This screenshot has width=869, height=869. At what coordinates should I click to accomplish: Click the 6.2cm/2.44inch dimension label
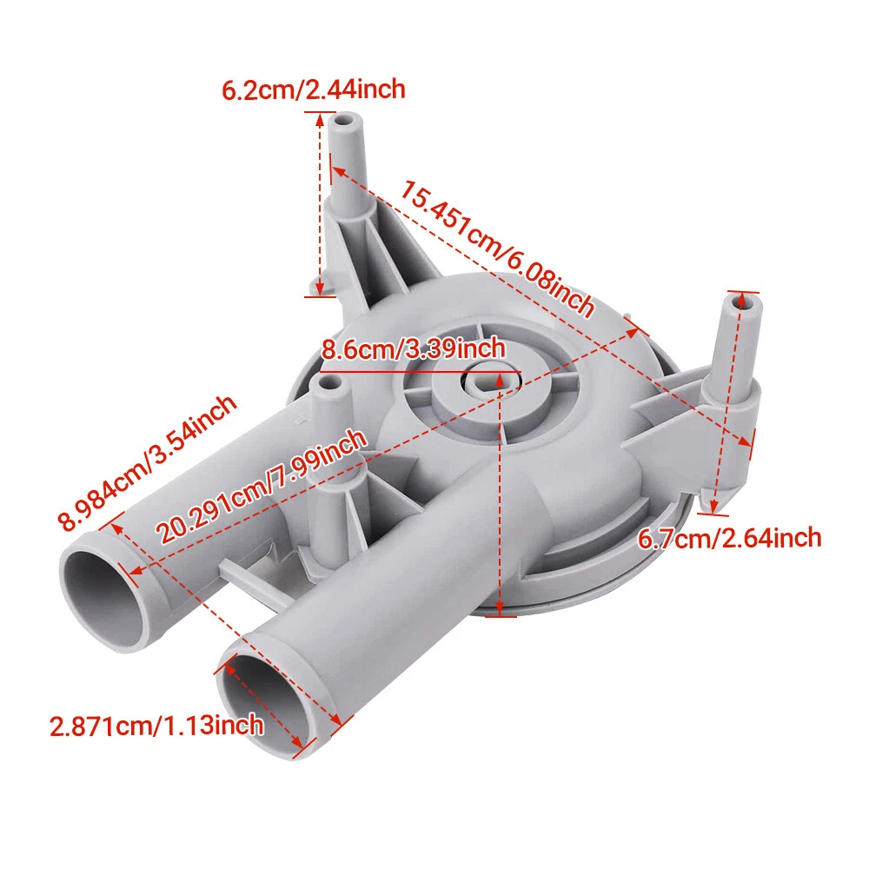tap(313, 90)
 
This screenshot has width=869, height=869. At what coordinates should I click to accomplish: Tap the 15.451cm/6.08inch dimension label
tap(496, 249)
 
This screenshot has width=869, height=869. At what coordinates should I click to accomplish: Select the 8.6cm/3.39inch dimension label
tap(414, 349)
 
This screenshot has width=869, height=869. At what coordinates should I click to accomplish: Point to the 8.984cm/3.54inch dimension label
tap(148, 463)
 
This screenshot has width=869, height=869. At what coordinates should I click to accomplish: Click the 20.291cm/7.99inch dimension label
tap(261, 486)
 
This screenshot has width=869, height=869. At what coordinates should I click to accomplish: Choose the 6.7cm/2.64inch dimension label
tap(729, 539)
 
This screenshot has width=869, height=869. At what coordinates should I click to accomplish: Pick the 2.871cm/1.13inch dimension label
tap(156, 726)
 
